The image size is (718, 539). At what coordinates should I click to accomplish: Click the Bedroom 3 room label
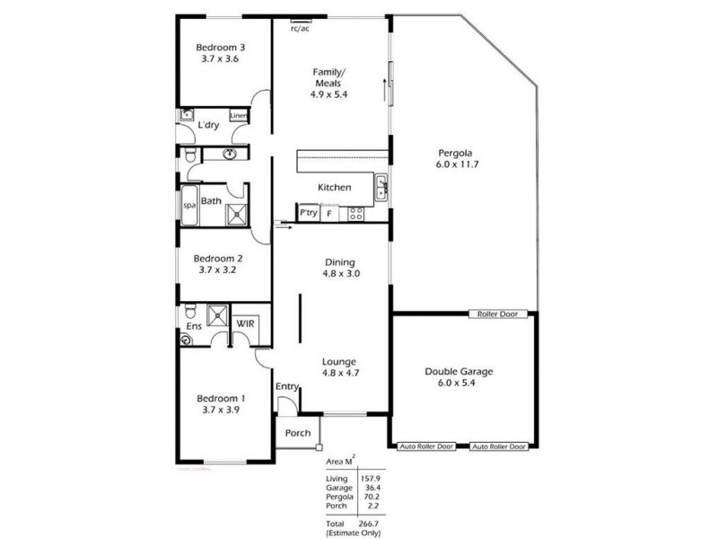tap(221, 48)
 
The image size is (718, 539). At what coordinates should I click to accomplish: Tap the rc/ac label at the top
tap(300, 28)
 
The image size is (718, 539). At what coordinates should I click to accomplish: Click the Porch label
tap(297, 433)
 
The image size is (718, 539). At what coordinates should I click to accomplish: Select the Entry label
tap(287, 386)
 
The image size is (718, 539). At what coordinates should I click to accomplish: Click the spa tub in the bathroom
tap(189, 206)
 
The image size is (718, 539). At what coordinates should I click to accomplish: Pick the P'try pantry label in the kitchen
tap(308, 213)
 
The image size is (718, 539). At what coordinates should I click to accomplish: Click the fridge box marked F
tap(329, 213)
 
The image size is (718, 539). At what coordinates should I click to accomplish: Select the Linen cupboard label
tap(239, 116)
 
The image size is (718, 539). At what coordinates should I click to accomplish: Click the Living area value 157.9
tap(370, 479)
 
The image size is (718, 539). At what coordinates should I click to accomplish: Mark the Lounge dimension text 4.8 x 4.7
tap(341, 377)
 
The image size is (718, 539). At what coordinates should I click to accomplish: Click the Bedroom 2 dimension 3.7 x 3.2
tap(221, 269)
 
